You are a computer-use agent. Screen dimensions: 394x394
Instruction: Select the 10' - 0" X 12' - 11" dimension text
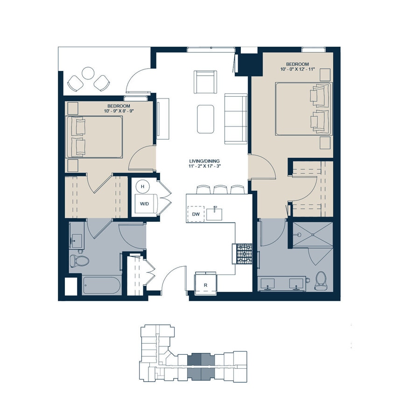tap(298, 70)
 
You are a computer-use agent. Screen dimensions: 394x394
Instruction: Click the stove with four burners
tap(243, 254)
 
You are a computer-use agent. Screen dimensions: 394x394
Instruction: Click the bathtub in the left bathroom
tap(102, 285)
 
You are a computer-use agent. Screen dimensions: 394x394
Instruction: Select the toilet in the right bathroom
tap(320, 280)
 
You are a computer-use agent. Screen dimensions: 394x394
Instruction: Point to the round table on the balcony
tap(88, 73)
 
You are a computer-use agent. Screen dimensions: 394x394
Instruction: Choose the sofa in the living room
tap(236, 119)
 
